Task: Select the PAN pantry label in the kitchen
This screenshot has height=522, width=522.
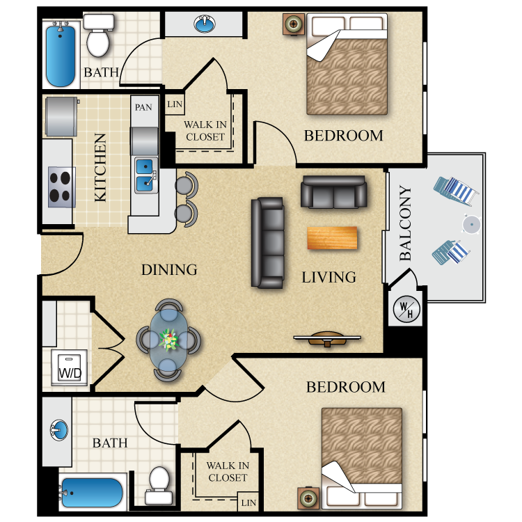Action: (143, 107)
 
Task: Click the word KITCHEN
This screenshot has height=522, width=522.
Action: (101, 168)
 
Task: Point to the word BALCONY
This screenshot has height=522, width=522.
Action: (406, 223)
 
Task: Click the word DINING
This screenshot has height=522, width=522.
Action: (169, 270)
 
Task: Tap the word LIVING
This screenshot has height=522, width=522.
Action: (329, 277)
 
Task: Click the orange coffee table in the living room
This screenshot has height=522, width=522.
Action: (332, 237)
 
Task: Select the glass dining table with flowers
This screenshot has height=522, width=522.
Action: (168, 340)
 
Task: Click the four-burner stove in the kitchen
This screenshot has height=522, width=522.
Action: (61, 187)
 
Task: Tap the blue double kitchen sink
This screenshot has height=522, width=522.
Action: (145, 175)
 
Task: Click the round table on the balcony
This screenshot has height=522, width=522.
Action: (471, 225)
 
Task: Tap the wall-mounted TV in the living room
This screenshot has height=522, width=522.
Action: (327, 340)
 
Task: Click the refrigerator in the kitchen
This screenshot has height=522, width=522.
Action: (61, 117)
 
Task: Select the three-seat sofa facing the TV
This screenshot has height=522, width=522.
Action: (268, 242)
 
